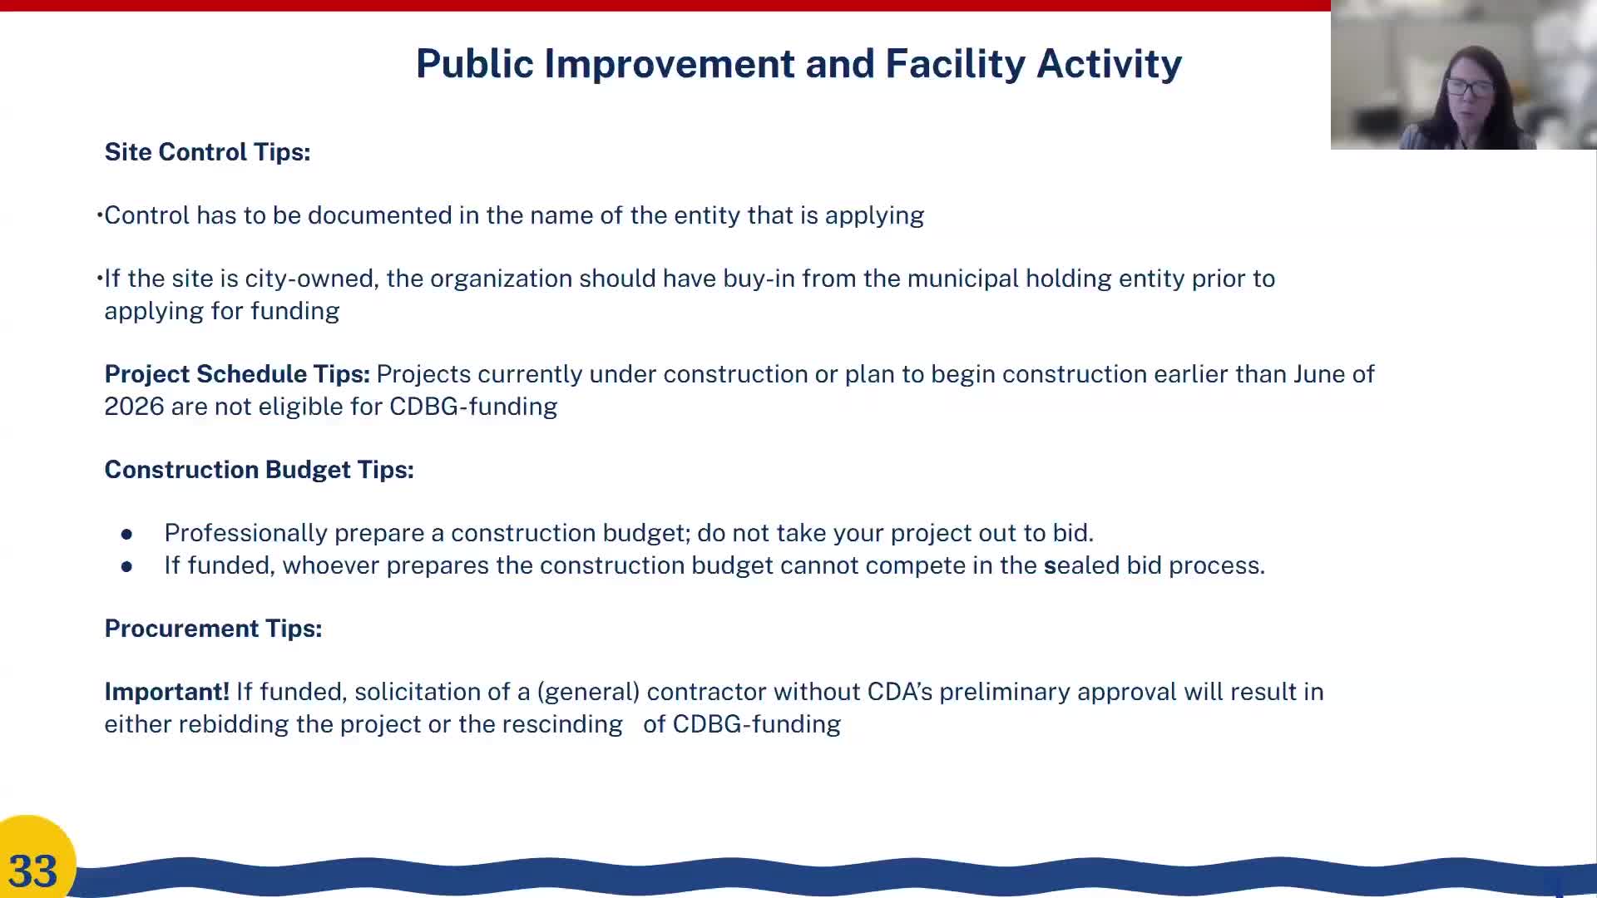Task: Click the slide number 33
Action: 33,871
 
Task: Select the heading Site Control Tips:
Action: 207,152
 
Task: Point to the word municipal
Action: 962,279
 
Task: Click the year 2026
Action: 134,407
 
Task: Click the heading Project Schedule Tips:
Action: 237,374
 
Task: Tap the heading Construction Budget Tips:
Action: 259,470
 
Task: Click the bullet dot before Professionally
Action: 126,534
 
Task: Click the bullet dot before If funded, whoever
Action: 126,566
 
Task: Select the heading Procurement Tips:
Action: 213,629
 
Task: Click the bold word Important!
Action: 166,692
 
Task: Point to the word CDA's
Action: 899,692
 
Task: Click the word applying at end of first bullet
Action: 874,216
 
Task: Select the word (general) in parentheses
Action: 588,692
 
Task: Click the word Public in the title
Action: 474,64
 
